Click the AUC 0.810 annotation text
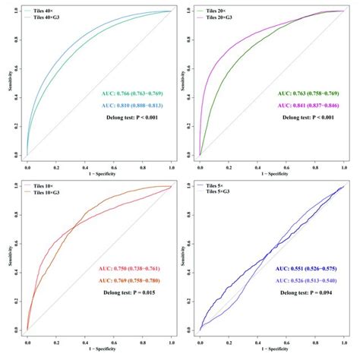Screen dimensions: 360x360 click(134, 106)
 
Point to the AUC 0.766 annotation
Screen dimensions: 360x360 click(134, 94)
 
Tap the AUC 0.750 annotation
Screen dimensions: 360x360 click(134, 269)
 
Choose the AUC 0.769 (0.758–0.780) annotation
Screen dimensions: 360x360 click(134, 279)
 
